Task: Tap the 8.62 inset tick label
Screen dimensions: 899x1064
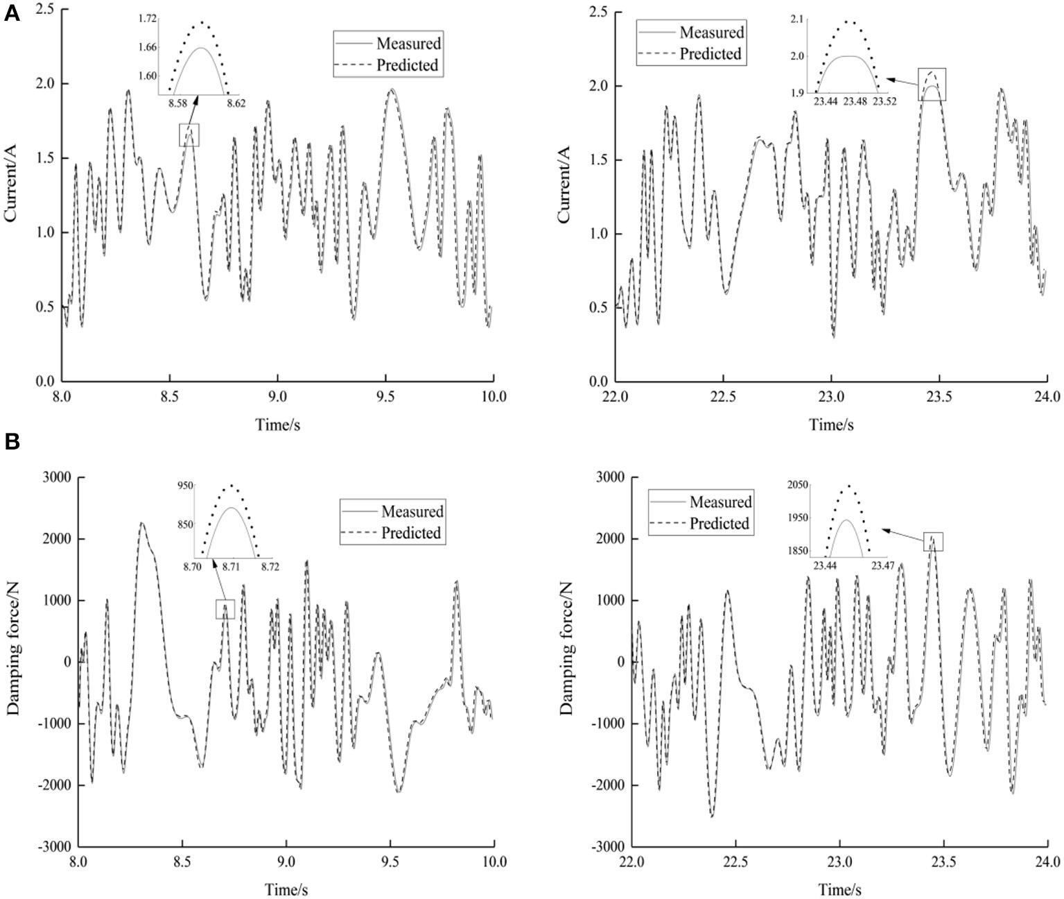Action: [236, 103]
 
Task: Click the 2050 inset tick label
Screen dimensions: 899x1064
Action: [797, 485]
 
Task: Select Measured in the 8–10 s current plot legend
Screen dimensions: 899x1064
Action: [408, 44]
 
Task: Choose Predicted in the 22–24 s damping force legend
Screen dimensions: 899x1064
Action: [719, 524]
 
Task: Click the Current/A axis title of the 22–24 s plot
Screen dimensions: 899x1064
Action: [565, 185]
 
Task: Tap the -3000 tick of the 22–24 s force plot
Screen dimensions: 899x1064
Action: [607, 846]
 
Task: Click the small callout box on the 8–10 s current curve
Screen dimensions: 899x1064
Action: [189, 135]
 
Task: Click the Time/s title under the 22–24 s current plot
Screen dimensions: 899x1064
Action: [830, 424]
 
